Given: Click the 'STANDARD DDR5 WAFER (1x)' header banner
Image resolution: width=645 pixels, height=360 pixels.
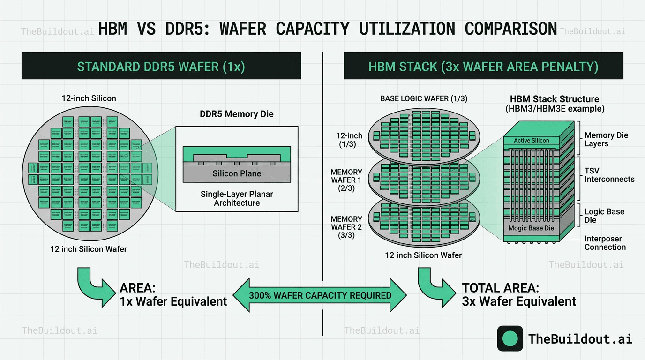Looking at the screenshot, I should tap(161, 66).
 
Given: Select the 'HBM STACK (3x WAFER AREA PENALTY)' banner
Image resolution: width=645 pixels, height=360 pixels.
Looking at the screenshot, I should tap(483, 66).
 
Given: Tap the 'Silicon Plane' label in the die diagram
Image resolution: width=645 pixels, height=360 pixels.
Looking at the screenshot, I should tap(237, 173).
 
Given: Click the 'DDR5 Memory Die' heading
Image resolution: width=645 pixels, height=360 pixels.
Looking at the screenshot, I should tap(237, 114).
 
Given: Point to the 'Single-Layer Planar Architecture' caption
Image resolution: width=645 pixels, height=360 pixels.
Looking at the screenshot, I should tap(237, 198).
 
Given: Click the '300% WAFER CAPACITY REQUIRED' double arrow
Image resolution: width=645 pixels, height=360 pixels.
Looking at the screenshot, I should tap(320, 295).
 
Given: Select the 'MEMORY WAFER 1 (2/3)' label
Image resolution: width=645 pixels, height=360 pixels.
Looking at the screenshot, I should tap(346, 180).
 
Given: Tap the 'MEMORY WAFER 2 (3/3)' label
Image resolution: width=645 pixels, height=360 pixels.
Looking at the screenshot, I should tap(346, 227).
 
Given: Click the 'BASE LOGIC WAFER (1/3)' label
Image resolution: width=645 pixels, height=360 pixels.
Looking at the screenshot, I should tap(423, 99).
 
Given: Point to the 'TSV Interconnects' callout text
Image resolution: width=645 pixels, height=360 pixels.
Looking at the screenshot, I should tap(609, 175).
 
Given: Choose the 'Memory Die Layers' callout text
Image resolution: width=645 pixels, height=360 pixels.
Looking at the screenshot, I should tap(606, 139).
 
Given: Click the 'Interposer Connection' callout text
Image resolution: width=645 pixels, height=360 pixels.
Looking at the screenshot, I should tap(605, 243).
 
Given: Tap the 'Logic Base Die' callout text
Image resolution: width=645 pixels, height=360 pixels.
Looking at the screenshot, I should tap(604, 216).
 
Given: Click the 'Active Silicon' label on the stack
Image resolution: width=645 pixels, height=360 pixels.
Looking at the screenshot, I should tap(531, 140).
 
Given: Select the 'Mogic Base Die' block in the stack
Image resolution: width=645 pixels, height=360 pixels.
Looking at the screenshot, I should tap(531, 228).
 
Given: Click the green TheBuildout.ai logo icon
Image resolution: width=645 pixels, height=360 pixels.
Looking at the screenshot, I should tap(510, 338).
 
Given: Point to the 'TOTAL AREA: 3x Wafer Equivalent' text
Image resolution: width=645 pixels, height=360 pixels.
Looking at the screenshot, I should tap(519, 294).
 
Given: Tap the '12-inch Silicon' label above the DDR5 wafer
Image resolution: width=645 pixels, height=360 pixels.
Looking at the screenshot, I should tap(89, 98).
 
